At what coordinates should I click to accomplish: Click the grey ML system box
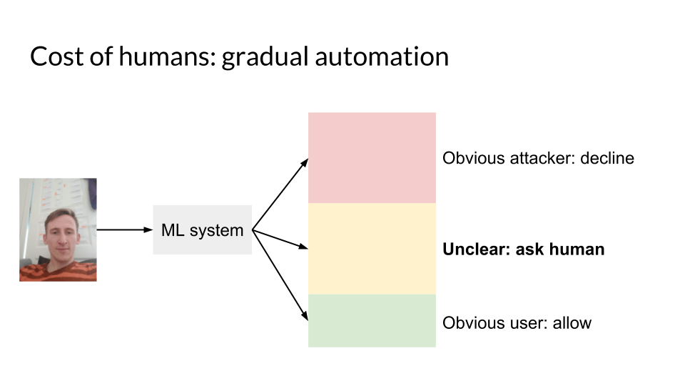click(202, 230)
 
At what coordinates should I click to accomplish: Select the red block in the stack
click(372, 157)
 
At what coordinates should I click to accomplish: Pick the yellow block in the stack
click(372, 248)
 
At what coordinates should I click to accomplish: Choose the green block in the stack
click(372, 320)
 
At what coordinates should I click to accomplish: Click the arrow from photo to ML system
click(125, 230)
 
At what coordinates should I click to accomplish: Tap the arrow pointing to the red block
click(280, 194)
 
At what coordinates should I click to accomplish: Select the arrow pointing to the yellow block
click(280, 239)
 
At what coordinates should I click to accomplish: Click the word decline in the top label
click(607, 158)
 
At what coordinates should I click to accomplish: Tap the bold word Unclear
click(473, 249)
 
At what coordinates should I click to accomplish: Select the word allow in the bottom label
click(572, 322)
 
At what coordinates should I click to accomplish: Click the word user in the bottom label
click(524, 322)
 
